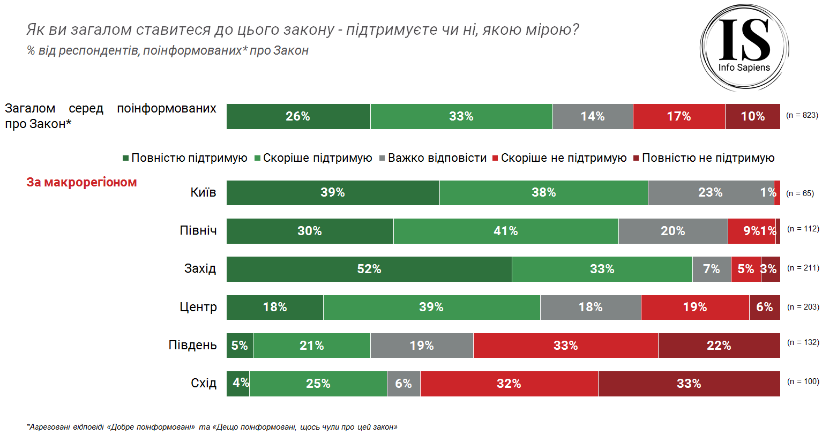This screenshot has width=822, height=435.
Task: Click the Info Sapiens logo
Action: [744, 47]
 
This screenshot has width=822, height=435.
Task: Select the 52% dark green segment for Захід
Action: [369, 269]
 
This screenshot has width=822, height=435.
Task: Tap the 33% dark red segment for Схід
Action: [689, 384]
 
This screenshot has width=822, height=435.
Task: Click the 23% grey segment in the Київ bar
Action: [710, 193]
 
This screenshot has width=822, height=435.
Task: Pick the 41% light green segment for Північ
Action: [505, 231]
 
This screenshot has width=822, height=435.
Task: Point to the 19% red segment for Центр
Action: [694, 307]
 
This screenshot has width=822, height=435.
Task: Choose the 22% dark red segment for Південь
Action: [719, 346]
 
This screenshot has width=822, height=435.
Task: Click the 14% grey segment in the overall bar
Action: [592, 116]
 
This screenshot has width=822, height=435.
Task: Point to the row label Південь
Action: [192, 345]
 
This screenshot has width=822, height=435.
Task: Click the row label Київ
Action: [203, 192]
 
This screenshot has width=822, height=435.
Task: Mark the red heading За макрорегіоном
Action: [81, 182]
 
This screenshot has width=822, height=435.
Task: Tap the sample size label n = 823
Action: [802, 115]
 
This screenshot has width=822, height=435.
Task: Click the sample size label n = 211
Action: [803, 268]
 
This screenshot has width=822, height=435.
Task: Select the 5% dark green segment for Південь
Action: [240, 346]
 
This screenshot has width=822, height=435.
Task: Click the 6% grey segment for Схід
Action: [403, 384]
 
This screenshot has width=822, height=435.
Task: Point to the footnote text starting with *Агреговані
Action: [212, 427]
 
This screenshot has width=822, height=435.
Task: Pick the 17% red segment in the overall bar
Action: [678, 116]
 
